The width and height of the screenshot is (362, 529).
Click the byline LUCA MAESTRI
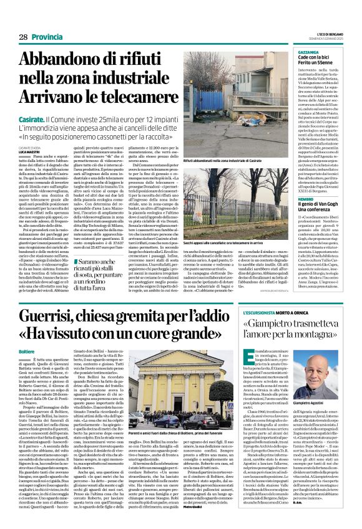pyautogui.click(x=29, y=151)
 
